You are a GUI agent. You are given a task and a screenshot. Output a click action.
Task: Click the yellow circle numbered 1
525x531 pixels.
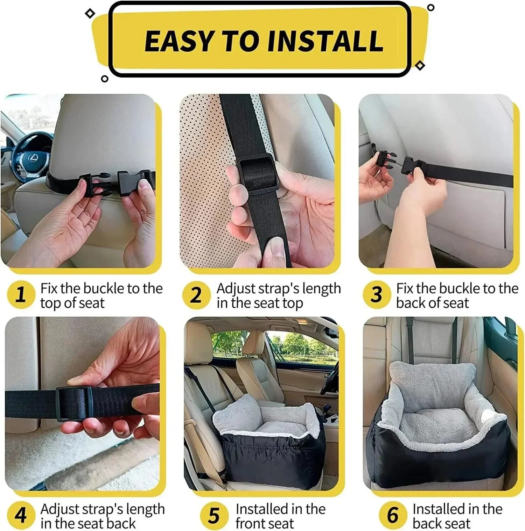point(21,295)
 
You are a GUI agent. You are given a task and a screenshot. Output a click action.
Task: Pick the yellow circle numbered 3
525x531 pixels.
point(376,295)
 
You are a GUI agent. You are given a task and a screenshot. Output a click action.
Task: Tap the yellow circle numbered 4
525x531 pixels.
point(21,515)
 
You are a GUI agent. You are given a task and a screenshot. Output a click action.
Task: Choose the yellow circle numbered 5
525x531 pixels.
point(214,515)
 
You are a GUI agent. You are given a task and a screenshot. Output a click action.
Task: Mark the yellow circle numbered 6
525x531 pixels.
point(393,515)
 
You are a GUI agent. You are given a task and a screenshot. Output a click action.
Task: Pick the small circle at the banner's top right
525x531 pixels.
point(431,7)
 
